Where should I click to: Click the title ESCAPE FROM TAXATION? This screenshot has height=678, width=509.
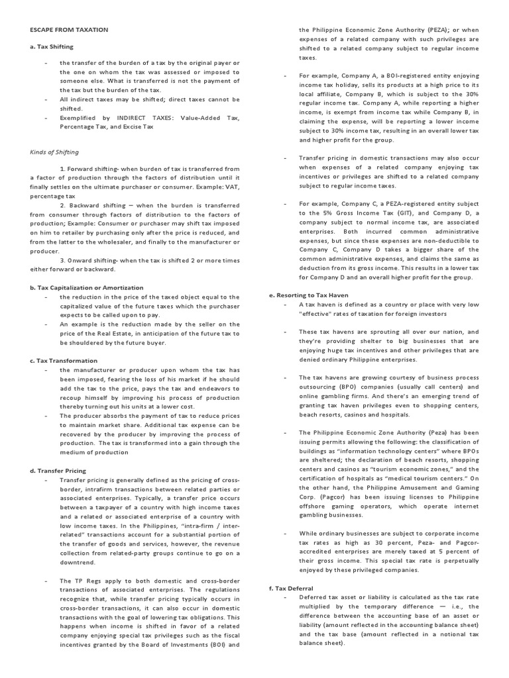(x=69, y=30)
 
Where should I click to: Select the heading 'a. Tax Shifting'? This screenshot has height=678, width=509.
(x=52, y=46)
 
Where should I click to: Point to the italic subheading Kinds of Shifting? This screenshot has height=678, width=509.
(x=54, y=152)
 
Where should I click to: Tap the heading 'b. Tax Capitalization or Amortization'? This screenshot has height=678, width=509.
(x=86, y=287)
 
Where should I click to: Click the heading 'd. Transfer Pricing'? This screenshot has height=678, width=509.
(x=58, y=470)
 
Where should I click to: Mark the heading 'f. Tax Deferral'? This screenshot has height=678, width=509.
(x=291, y=587)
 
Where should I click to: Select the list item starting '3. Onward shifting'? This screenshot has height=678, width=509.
(x=135, y=260)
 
